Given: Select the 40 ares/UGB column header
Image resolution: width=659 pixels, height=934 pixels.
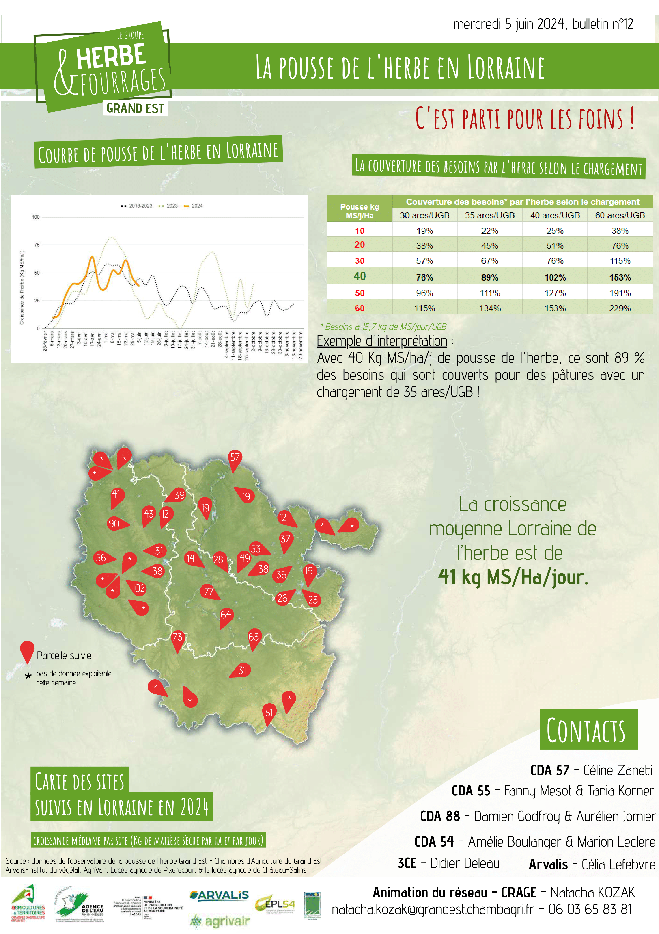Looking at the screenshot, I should click(555, 215).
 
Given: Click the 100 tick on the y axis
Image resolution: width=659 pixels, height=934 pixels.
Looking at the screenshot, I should click(36, 217).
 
